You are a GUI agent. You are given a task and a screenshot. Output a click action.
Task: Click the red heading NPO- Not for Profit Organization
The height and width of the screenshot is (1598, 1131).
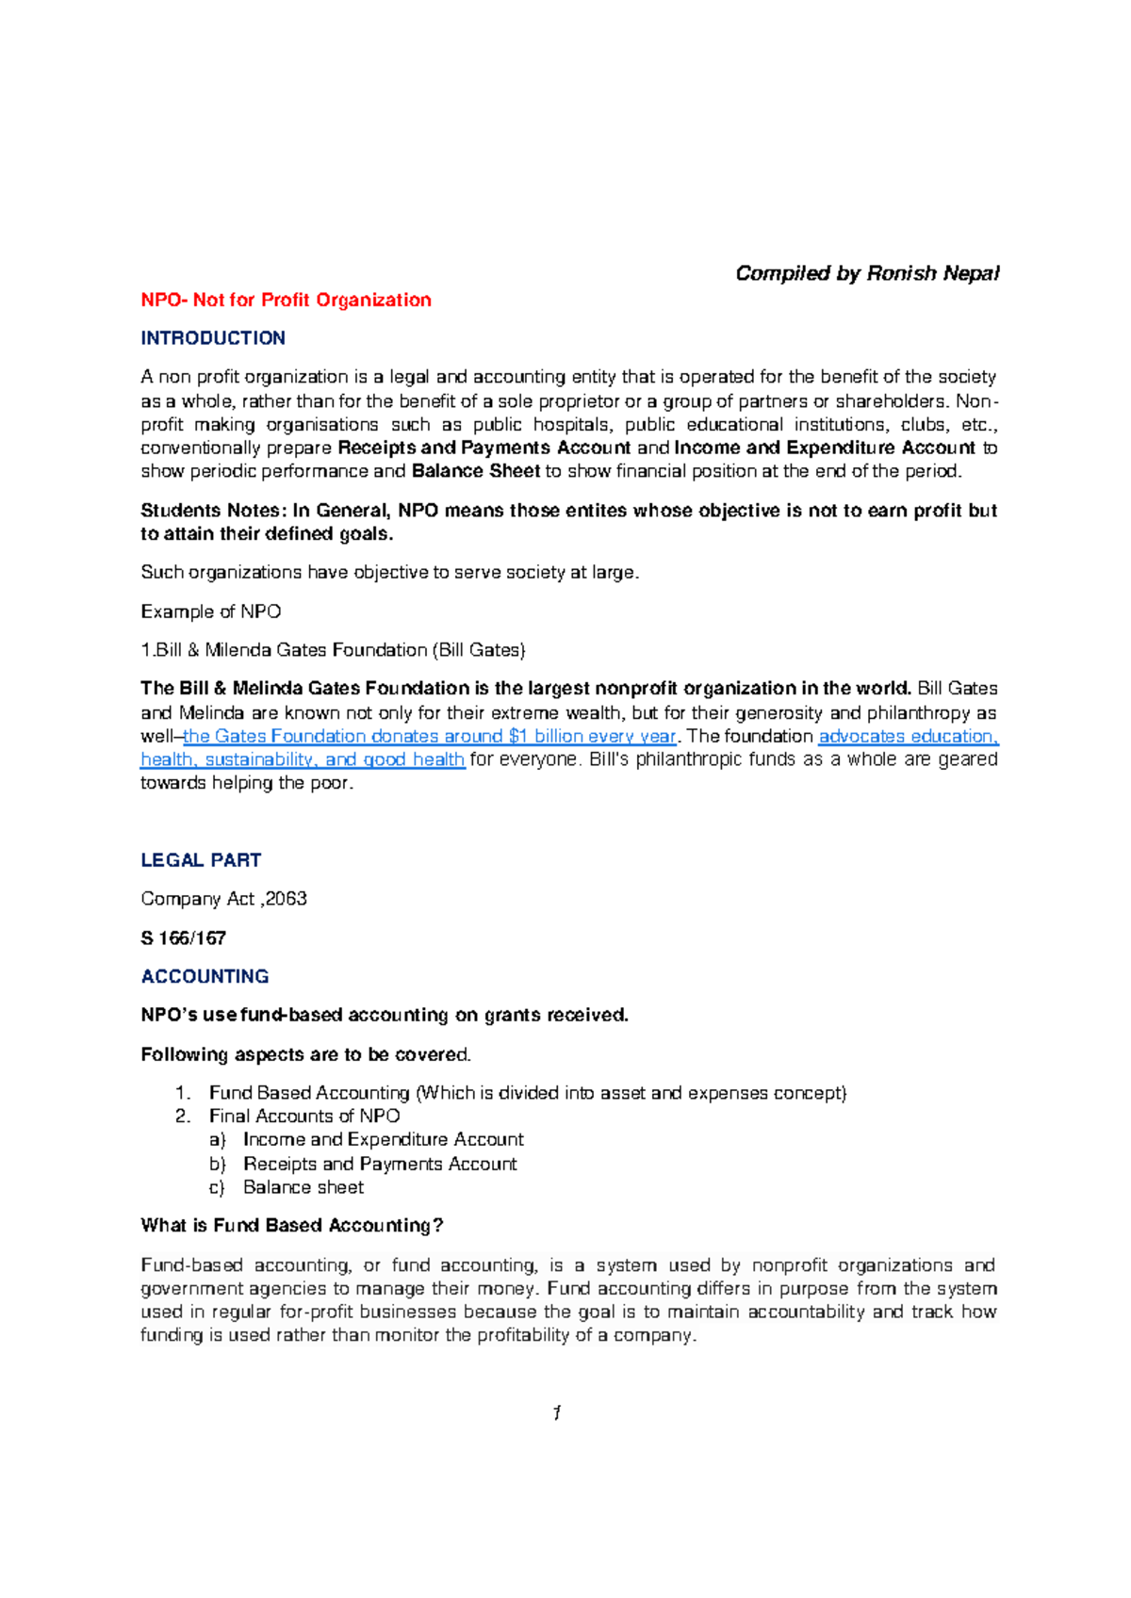(x=286, y=300)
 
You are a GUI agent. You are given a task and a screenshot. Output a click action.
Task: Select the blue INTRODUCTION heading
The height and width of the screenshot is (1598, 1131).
(x=213, y=338)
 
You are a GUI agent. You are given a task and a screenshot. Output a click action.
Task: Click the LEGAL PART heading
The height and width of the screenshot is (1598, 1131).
(x=201, y=860)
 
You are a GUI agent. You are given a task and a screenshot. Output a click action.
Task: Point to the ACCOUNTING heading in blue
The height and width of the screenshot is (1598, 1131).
(x=205, y=976)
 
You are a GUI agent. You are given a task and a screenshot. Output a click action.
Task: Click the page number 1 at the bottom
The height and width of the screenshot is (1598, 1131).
(x=557, y=1412)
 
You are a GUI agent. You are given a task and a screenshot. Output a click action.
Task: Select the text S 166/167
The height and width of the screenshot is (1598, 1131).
(x=184, y=938)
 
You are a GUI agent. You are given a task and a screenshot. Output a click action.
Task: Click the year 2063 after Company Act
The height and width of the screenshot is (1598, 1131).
(x=286, y=899)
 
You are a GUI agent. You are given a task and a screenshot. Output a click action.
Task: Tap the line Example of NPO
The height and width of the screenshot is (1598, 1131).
(x=211, y=611)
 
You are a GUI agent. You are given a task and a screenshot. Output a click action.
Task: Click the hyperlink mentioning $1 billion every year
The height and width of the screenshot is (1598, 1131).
(x=429, y=736)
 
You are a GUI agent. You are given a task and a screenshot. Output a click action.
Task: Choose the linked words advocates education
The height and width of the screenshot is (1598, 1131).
(x=907, y=736)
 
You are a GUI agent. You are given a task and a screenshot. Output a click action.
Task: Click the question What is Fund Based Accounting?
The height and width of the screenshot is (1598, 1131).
(x=292, y=1225)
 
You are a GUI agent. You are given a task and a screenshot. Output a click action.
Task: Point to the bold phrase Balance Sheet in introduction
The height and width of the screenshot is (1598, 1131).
(x=476, y=471)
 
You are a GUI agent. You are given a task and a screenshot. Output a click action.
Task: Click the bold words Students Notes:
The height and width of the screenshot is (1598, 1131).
(x=211, y=511)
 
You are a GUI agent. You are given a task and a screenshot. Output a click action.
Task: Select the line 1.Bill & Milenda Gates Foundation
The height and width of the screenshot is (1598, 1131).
(x=333, y=650)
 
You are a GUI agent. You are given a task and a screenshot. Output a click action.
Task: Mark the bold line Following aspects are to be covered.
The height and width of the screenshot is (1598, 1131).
(x=305, y=1054)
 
